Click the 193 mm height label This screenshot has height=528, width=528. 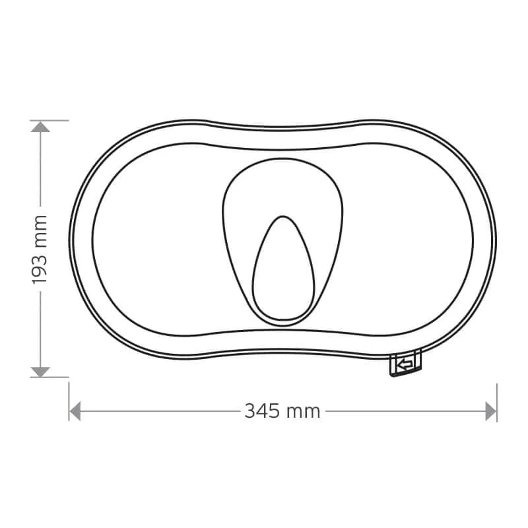(39, 249)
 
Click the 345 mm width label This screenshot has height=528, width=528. (282, 411)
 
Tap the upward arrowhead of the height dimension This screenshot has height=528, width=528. (40, 127)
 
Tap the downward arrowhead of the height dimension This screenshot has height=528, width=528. (40, 372)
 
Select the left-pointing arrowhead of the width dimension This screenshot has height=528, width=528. (75, 411)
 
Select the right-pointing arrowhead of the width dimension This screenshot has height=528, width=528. (490, 411)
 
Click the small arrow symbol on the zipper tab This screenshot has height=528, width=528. (405, 364)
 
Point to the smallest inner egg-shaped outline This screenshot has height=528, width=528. (284, 268)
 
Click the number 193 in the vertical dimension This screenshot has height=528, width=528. (39, 267)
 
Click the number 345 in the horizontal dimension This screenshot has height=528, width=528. (262, 411)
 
